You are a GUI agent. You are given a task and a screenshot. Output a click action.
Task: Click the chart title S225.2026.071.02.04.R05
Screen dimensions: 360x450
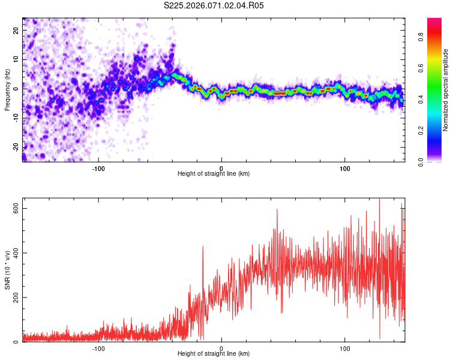click(214, 5)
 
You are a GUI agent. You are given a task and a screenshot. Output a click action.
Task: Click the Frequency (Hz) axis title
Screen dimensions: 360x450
click(8, 89)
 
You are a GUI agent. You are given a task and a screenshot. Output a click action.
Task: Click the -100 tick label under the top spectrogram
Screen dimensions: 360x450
click(98, 167)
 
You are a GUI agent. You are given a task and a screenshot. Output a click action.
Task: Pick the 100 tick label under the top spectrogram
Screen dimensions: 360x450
click(345, 167)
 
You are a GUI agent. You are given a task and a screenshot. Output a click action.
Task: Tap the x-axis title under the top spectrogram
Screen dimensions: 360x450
click(214, 174)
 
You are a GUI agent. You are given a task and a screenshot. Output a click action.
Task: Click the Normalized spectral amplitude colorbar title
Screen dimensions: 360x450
click(446, 90)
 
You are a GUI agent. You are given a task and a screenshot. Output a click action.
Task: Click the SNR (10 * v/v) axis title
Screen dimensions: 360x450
click(8, 269)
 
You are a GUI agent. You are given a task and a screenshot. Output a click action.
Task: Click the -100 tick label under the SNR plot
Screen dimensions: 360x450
click(98, 348)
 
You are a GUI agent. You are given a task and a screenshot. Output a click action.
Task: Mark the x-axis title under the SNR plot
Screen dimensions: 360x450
click(214, 354)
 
